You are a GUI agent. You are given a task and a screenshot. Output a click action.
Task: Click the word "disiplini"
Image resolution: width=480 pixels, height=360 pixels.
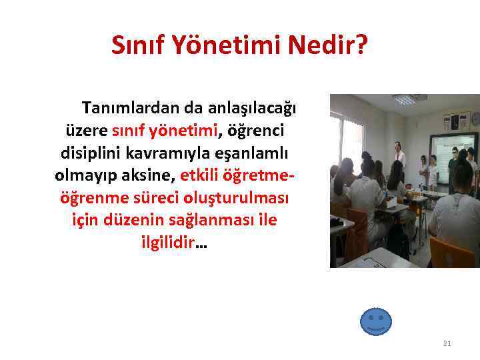click(x=91, y=151)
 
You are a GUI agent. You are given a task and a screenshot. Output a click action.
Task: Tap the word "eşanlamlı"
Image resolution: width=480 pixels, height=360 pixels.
click(x=255, y=151)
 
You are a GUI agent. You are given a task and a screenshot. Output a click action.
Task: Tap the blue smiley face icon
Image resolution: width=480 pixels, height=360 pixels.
click(x=375, y=321)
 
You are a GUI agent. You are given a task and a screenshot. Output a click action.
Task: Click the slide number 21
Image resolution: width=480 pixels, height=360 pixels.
click(x=447, y=343)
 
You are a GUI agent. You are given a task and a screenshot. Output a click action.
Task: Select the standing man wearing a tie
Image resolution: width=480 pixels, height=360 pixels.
click(x=399, y=157)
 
